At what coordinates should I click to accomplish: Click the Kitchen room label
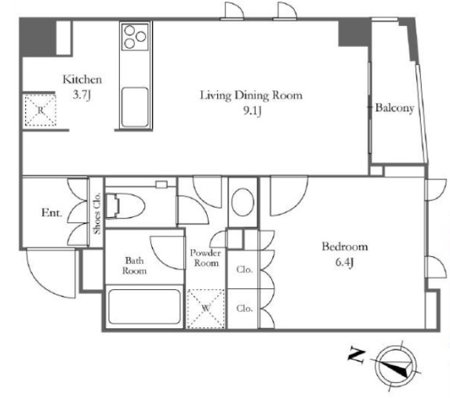[x=82, y=79]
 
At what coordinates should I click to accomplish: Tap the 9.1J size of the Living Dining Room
[x=252, y=111]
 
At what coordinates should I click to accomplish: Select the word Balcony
[x=395, y=108]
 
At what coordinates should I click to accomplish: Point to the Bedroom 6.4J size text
[x=343, y=262]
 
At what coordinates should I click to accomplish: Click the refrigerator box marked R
[x=41, y=110]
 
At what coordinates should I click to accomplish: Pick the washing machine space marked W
[x=205, y=309]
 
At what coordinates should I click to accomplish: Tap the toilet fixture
[x=125, y=205]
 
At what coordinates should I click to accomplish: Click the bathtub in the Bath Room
[x=144, y=306]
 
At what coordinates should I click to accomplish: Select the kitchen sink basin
[x=135, y=107]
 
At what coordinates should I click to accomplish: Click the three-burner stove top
[x=135, y=37]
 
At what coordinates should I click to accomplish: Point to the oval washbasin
[x=243, y=202]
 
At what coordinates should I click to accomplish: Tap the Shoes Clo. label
[x=97, y=213]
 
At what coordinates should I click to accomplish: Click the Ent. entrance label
[x=52, y=213]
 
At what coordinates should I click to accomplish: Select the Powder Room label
[x=205, y=258]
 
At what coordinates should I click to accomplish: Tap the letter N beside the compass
[x=357, y=356]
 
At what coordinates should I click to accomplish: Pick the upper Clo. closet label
[x=245, y=270]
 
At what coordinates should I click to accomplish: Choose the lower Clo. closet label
[x=245, y=309]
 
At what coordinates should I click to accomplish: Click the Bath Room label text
[x=134, y=266]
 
